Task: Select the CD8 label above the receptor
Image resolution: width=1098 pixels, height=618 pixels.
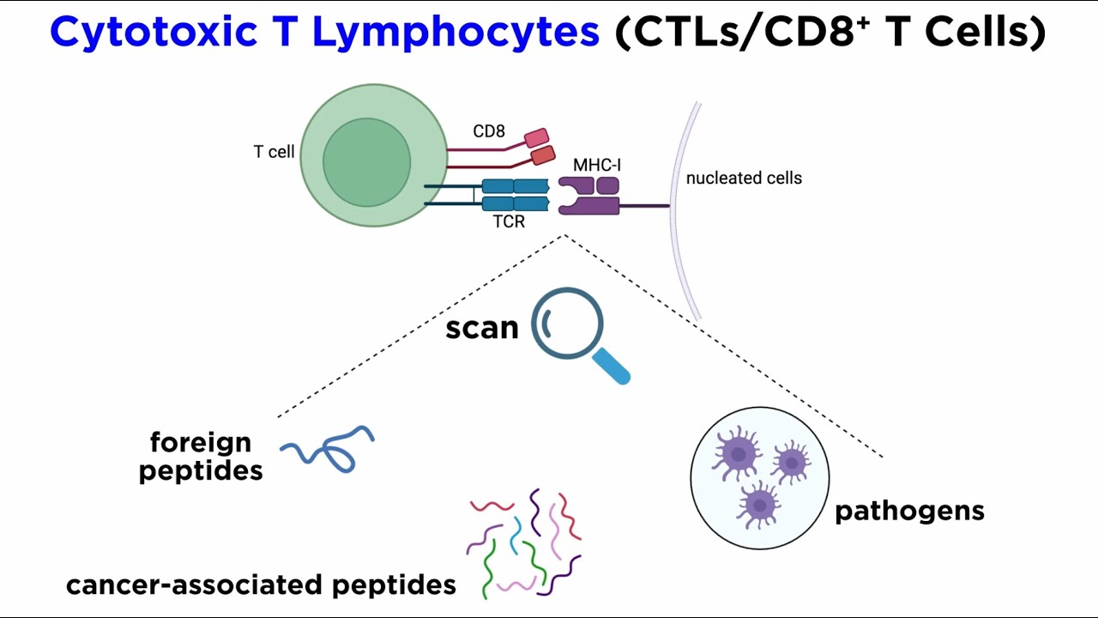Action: coord(489,131)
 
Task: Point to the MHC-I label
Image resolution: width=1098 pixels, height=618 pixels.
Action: coord(597,164)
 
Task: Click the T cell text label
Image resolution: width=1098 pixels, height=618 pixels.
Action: coord(274,152)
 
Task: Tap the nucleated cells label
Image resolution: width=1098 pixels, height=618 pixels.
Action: coord(744,179)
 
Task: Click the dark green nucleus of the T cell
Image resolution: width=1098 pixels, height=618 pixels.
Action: coord(366,161)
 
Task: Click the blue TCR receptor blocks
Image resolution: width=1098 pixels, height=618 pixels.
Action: coord(515,195)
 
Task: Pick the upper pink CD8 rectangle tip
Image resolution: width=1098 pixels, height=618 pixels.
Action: coord(536,137)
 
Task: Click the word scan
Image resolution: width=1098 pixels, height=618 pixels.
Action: coord(482,328)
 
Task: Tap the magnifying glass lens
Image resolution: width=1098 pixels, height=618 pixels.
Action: coord(568,324)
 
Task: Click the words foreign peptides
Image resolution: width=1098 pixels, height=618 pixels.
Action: coord(201,457)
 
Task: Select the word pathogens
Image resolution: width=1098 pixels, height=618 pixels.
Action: coord(909,511)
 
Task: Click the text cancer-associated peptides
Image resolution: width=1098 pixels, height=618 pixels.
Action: coord(261,585)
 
